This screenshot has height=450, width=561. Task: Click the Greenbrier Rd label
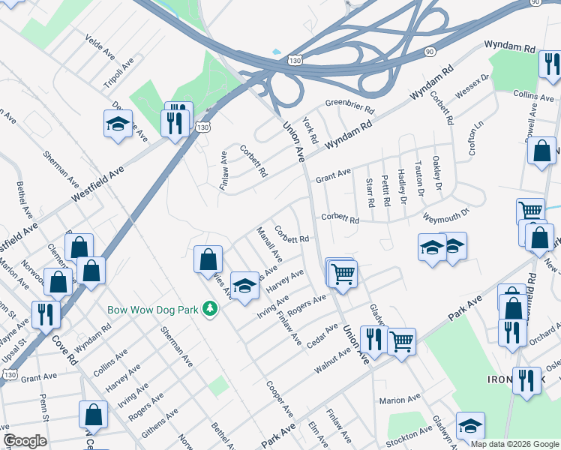coord(349,108)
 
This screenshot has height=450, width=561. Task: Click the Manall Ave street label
coord(269,244)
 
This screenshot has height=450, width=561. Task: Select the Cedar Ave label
coord(322,331)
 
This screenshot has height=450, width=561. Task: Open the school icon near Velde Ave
coord(118,124)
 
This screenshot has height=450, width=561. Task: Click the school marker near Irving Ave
coord(244,287)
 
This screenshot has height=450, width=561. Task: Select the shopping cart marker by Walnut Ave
coord(402,342)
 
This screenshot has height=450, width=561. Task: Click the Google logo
coord(25,441)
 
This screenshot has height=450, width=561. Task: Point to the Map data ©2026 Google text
coord(514,444)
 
